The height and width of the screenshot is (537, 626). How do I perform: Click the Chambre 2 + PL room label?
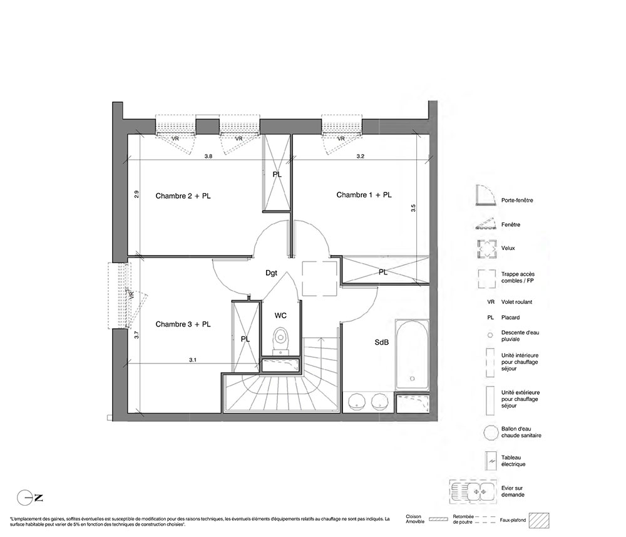pos(183,196)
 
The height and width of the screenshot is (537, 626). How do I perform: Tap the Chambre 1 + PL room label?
pos(364,195)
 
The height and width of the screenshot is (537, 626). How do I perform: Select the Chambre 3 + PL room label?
pos(183,325)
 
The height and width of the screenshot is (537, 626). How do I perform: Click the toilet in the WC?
pos(281,341)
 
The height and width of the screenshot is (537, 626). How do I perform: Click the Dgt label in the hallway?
pos(271,273)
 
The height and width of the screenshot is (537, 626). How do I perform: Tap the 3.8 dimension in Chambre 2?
pos(208,157)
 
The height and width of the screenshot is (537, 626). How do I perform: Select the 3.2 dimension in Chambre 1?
pos(360,157)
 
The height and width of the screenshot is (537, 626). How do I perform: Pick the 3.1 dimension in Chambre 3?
pos(193,360)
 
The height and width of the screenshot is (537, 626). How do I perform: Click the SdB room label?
pos(382,342)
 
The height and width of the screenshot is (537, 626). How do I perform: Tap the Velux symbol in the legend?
pos(486,249)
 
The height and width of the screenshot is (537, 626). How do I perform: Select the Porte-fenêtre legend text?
pos(517,201)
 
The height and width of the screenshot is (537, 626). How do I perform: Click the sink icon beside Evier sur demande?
pos(473,491)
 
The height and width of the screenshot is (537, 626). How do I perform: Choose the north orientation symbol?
pos(30,498)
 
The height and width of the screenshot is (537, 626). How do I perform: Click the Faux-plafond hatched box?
pos(539,521)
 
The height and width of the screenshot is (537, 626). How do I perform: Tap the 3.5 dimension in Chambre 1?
pos(413,208)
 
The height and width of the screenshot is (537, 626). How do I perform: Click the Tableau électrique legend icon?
pos(490,461)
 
